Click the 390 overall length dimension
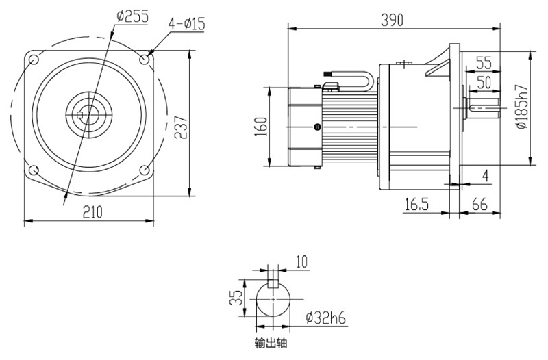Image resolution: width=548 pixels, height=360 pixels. click(x=393, y=21)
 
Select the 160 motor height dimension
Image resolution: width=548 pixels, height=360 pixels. click(x=260, y=127)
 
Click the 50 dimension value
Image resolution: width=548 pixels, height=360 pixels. click(x=484, y=83)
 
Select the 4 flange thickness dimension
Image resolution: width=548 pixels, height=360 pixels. click(x=485, y=176)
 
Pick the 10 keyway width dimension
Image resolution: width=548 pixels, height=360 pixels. click(x=301, y=261)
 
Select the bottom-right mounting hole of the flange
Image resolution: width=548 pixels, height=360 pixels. click(x=144, y=170)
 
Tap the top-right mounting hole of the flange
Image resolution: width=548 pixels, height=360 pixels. click(x=144, y=60)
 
